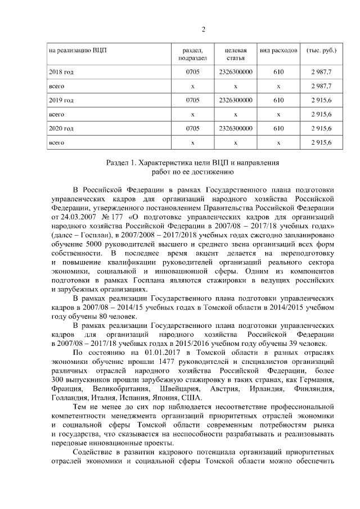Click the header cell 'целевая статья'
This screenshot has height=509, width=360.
(x=235, y=54)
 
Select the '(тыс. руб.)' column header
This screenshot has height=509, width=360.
(x=321, y=50)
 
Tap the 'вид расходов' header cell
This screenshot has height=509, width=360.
(x=278, y=50)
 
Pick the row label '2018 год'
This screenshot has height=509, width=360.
(x=62, y=73)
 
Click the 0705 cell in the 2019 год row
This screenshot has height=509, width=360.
(x=192, y=101)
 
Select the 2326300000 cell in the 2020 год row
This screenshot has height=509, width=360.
(x=235, y=129)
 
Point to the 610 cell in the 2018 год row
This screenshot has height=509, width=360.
(x=278, y=73)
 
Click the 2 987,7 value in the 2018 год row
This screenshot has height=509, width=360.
(x=321, y=73)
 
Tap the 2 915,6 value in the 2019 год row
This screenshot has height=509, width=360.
(x=321, y=101)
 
